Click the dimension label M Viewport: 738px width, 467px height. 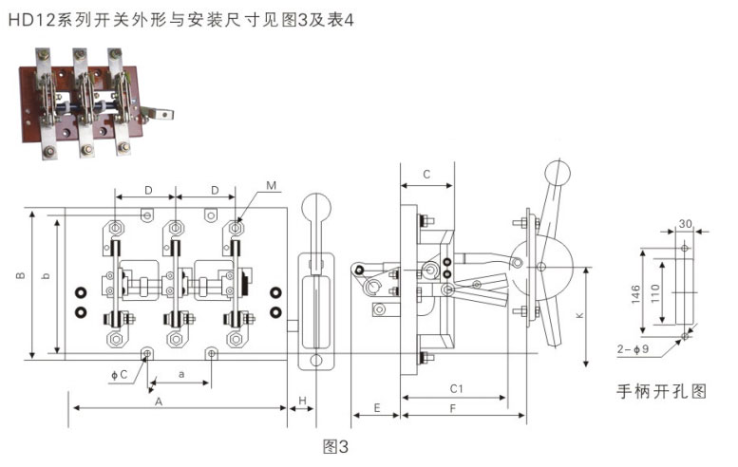coord(271,186)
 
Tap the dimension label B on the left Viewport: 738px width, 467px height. coord(21,275)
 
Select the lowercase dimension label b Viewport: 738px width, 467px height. coord(46,275)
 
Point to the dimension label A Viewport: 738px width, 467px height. coord(159,402)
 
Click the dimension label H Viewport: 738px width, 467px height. coord(302,401)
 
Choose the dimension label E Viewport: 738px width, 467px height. coord(377,408)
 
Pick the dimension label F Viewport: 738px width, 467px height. coord(453,409)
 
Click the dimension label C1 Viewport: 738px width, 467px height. coord(457,389)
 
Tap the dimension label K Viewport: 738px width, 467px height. coord(579,315)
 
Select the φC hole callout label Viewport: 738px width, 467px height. coord(119,375)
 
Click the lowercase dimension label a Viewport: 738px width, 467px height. coord(181,374)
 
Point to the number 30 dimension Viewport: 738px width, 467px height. coord(686,224)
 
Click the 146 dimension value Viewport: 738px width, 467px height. coord(635,294)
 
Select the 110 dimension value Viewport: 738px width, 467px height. coord(655,293)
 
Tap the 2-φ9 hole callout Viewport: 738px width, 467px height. coord(633,349)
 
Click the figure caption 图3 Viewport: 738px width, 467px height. coord(335,446)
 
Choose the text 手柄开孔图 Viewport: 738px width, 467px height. coord(662,391)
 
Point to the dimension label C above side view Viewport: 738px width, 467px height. coord(426,175)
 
